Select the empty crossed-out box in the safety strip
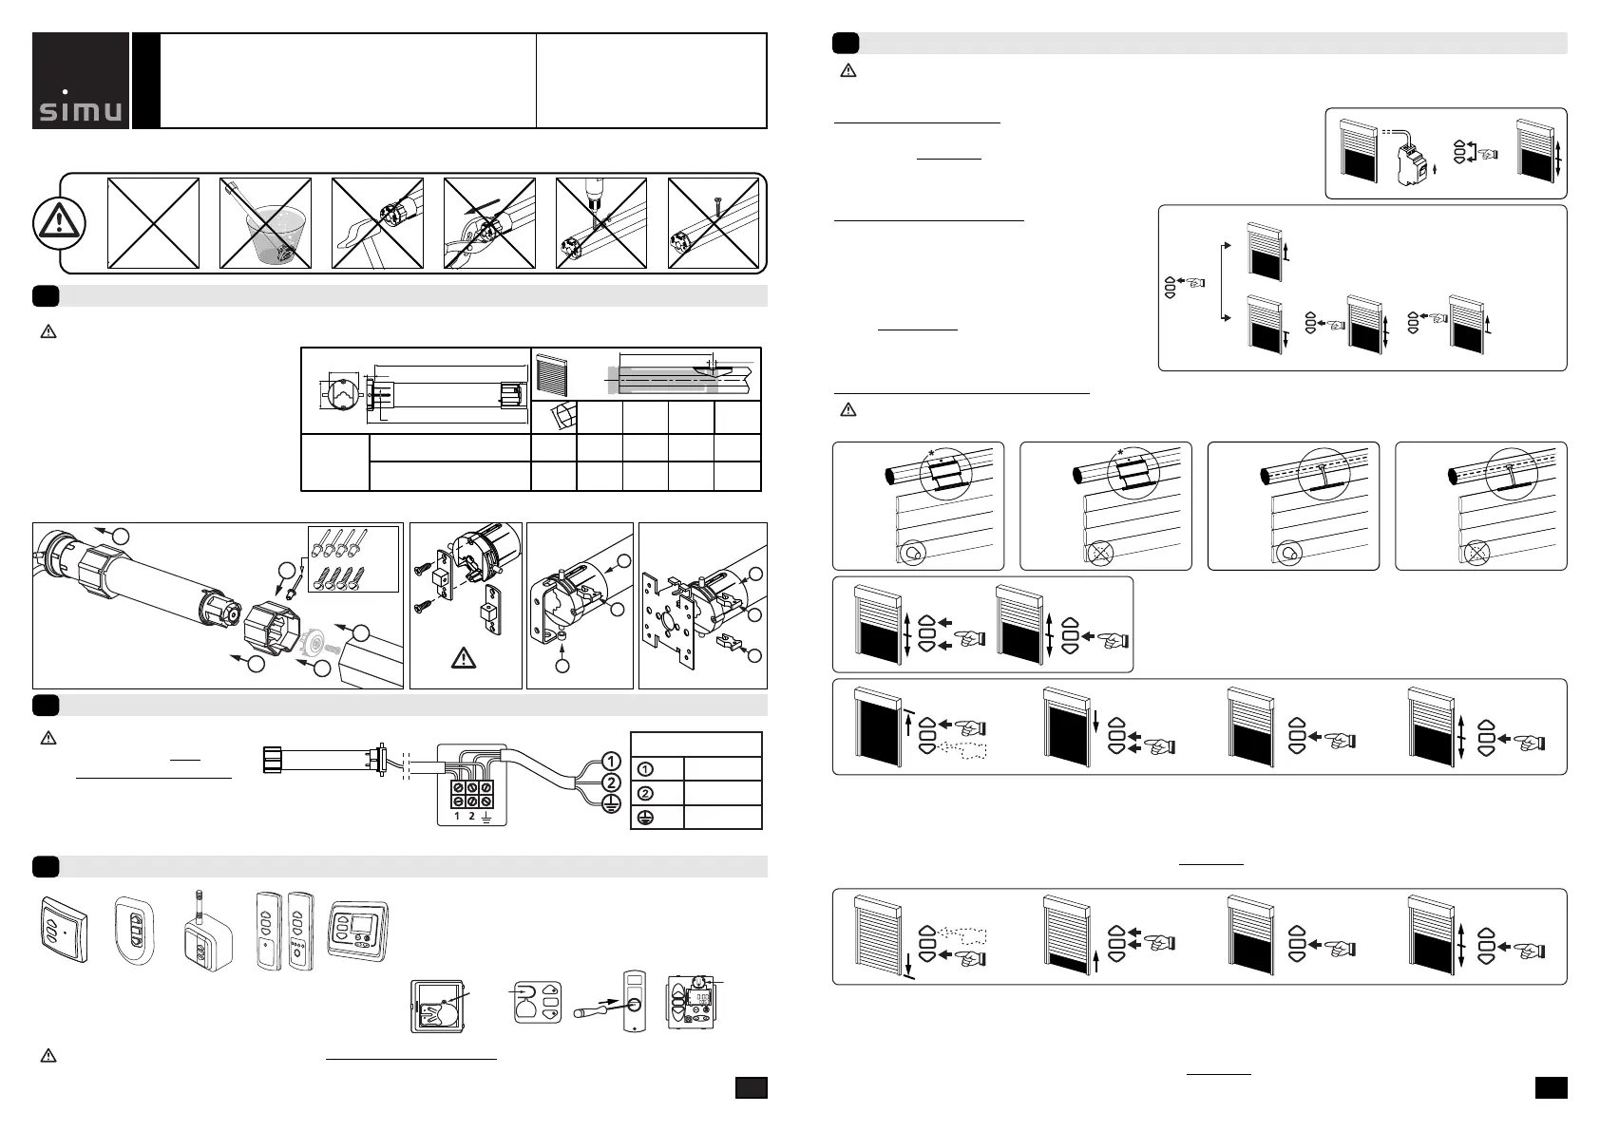[x=153, y=224]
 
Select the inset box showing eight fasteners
[x=353, y=558]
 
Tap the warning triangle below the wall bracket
[x=464, y=657]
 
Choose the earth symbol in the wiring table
[x=644, y=817]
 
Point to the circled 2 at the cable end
[x=612, y=782]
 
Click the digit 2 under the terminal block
[x=472, y=816]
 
